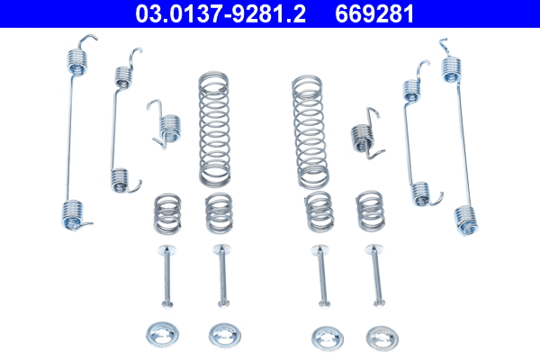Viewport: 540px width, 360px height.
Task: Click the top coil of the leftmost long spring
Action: pos(80,59)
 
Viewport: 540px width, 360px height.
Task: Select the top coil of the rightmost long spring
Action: pos(452,66)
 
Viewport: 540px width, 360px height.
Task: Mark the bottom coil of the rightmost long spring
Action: pos(464,219)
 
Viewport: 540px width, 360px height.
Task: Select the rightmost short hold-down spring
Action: pos(369,211)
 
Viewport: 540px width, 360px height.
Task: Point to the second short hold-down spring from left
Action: pos(218,212)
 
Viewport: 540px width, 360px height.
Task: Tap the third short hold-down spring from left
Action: pos(318,212)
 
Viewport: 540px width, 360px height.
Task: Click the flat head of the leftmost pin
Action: pos(165,250)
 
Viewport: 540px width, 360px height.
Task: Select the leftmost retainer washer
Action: pos(163,335)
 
